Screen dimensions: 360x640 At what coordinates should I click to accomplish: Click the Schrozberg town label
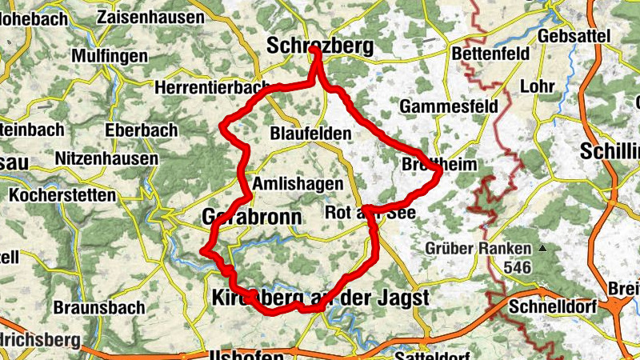tap(320, 46)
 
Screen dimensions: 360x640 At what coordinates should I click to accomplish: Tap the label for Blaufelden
tap(310, 133)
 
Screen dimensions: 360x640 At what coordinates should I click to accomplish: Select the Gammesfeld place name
tap(447, 106)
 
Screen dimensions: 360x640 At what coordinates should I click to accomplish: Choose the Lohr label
tap(537, 86)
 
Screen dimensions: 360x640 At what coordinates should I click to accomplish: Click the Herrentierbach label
tap(213, 86)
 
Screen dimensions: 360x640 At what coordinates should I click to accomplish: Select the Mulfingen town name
tap(110, 56)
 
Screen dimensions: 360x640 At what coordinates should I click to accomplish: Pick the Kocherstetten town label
tap(62, 195)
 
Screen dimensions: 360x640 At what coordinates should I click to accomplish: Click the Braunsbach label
tap(99, 307)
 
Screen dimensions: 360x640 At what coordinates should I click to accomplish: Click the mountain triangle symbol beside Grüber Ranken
tap(543, 249)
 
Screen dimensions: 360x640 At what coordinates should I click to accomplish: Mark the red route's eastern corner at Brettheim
tap(440, 170)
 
